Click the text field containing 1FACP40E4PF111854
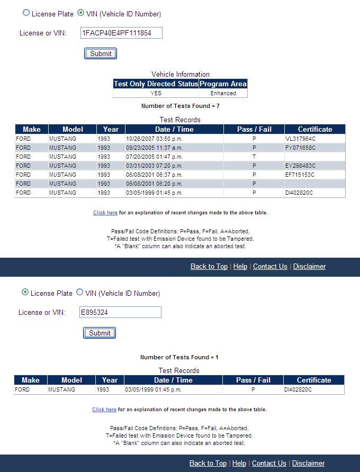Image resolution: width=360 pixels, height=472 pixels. point(121,33)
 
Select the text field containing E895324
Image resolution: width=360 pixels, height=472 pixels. point(120,312)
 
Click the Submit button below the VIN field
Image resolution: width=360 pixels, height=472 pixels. point(100,53)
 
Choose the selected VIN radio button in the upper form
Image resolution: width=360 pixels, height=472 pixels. point(81,13)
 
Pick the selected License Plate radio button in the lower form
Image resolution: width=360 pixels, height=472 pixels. point(25,293)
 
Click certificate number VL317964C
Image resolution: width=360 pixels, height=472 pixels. point(300,139)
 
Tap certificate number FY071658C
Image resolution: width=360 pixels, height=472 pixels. point(300,148)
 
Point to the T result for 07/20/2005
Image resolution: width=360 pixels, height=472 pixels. point(254,157)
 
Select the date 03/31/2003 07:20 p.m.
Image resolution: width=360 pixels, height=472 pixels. point(154,166)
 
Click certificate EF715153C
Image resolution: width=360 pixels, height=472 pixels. point(300,175)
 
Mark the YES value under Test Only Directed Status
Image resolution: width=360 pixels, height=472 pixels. point(156,93)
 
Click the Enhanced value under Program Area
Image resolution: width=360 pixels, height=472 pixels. point(223,93)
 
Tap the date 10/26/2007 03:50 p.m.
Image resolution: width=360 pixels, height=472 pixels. point(154,139)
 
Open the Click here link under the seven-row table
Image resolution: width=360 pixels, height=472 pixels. point(105,213)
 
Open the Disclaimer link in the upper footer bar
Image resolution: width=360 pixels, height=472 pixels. point(309,266)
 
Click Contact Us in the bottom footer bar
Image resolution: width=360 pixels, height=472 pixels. point(269,463)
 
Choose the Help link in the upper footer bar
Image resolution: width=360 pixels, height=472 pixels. point(240,266)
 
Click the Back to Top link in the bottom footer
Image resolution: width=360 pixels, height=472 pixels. point(208,463)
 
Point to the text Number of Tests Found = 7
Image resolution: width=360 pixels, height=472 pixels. point(180,106)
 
